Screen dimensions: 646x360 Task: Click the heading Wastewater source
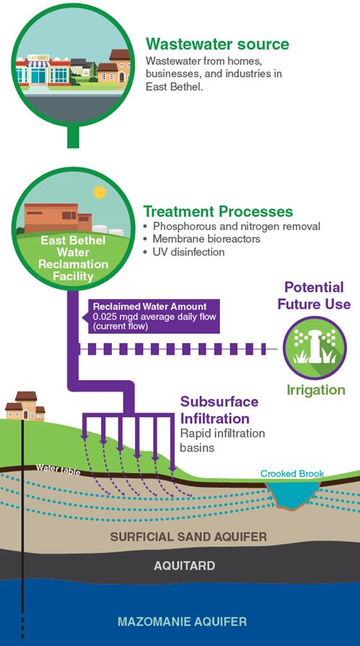coord(217,44)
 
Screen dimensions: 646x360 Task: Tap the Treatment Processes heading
coord(218,212)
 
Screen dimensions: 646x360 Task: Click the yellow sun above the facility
coord(99,193)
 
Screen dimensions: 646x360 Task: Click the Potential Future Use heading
coord(314,296)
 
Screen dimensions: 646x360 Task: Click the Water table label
coord(57,468)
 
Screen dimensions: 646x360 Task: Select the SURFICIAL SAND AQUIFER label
coord(188,536)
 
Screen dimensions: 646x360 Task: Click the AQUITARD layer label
coord(184,566)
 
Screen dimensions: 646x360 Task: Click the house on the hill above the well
coord(25,406)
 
